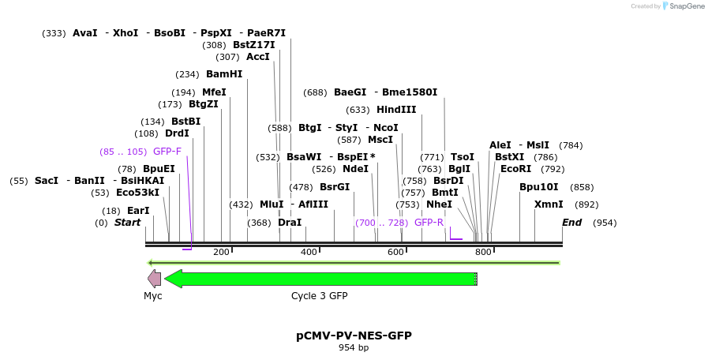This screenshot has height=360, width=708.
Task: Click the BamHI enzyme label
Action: click(x=224, y=74)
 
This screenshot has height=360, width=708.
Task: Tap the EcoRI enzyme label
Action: click(x=515, y=169)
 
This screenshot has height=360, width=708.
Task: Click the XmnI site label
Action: click(x=549, y=204)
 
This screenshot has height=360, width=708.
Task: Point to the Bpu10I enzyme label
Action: click(x=538, y=187)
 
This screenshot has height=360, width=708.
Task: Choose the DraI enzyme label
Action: click(x=290, y=223)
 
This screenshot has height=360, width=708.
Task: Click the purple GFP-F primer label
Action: click(x=167, y=152)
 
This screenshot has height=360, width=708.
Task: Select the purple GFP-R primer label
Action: click(x=429, y=223)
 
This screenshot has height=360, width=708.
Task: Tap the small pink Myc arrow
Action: click(x=154, y=279)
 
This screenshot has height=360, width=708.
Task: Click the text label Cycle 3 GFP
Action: click(x=319, y=296)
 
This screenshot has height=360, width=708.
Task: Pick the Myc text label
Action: click(x=152, y=296)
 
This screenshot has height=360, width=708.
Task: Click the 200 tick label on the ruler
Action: click(x=221, y=252)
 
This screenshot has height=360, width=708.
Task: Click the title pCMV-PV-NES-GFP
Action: click(x=354, y=336)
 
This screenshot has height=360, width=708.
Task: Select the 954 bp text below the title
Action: click(x=354, y=347)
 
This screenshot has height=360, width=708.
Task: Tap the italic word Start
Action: click(x=127, y=223)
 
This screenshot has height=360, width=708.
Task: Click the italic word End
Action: click(x=571, y=223)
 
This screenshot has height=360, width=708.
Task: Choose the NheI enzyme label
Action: click(x=439, y=204)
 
